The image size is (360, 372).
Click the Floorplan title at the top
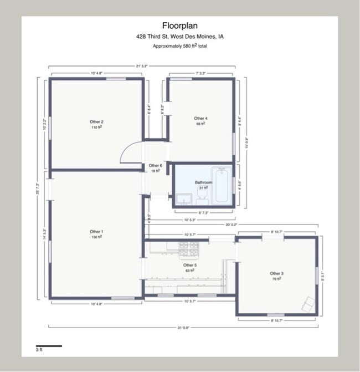tap(179, 26)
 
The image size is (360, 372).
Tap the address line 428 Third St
tap(179, 37)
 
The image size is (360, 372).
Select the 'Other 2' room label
tap(96, 122)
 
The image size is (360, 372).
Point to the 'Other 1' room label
tap(96, 232)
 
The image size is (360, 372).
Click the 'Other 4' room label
tap(200, 118)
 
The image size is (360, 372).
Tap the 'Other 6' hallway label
tap(155, 166)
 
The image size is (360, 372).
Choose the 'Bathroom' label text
tap(203, 182)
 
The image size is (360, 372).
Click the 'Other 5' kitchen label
tap(189, 266)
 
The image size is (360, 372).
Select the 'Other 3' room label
tap(276, 274)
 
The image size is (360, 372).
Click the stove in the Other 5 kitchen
tap(189, 251)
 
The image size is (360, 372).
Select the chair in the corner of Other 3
tap(308, 303)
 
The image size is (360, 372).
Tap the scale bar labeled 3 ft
tap(49, 346)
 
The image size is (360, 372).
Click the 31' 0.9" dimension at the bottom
tap(183, 328)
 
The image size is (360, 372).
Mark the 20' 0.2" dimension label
tap(231, 225)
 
